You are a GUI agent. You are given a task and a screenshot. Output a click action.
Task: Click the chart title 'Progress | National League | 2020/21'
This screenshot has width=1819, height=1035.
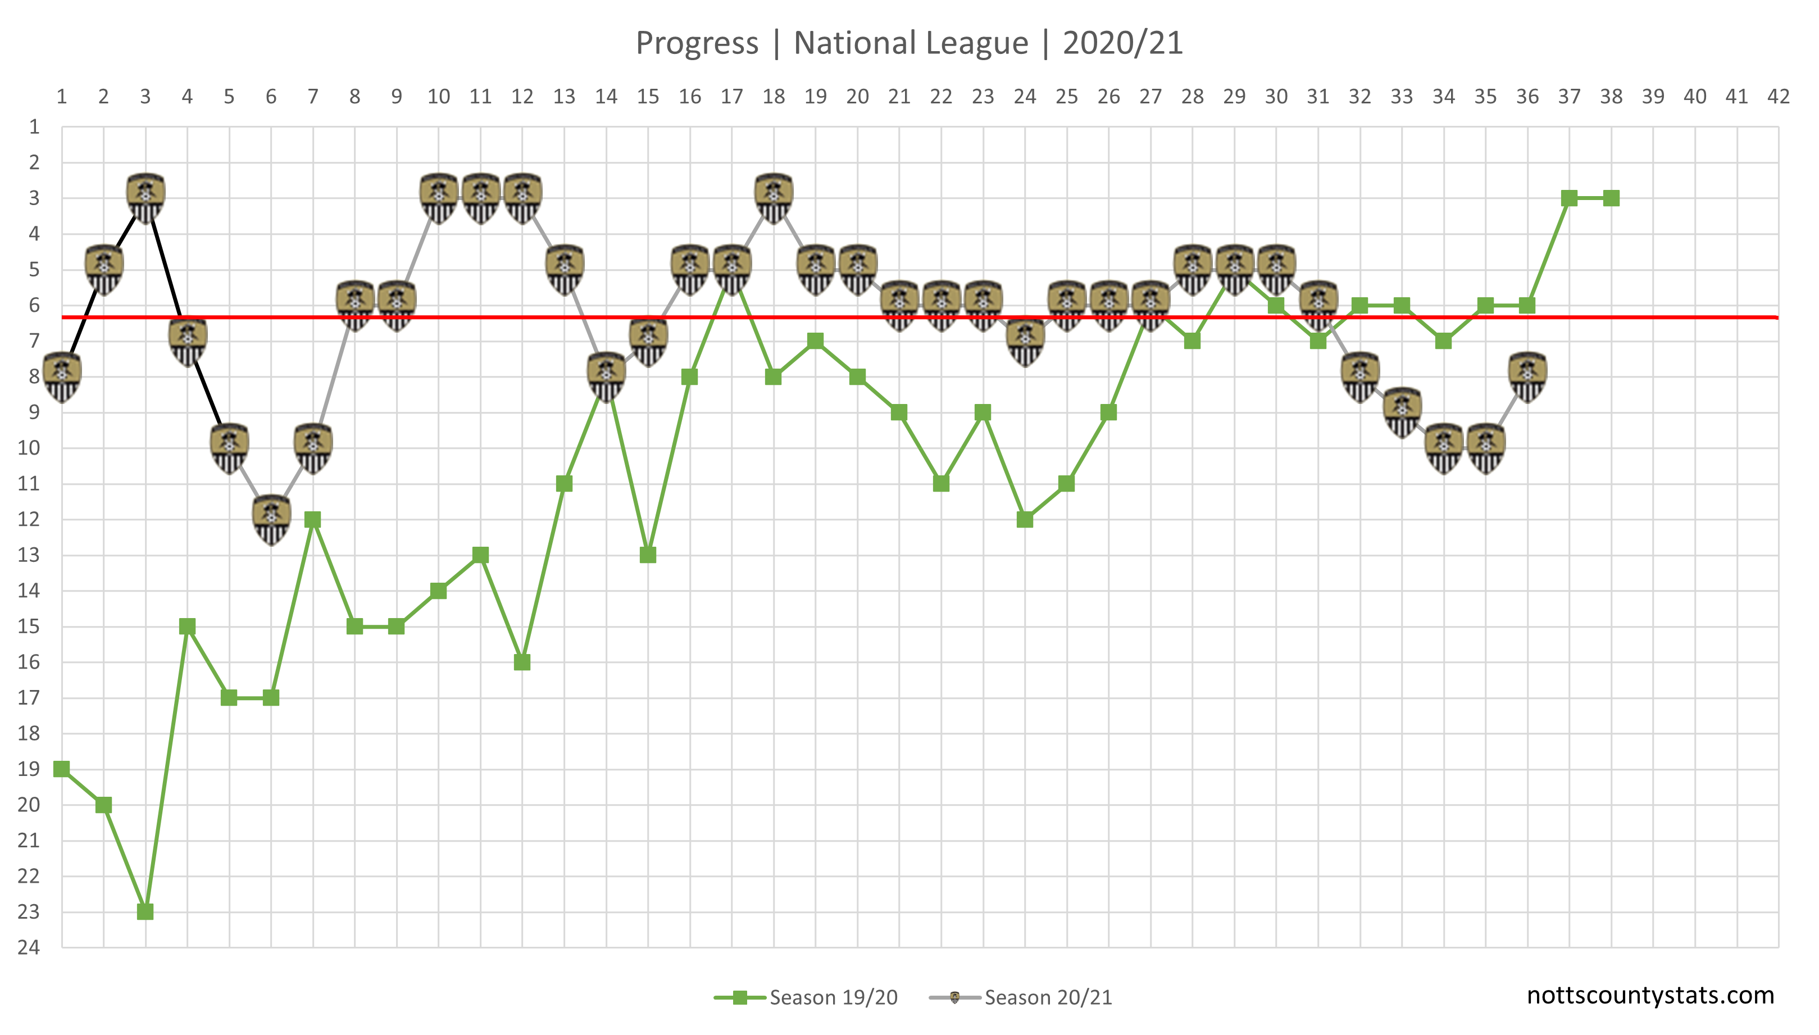click(909, 43)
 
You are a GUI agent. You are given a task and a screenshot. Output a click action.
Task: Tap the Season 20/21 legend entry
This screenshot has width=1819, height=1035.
click(1021, 997)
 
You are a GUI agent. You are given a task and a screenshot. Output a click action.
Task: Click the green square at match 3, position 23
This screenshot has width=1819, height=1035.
click(145, 911)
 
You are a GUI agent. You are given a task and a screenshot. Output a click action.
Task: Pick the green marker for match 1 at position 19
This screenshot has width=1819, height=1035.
click(62, 769)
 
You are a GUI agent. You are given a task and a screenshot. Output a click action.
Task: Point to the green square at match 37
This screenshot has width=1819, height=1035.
click(1570, 198)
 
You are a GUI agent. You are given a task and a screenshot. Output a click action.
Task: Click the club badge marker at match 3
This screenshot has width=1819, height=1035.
click(145, 198)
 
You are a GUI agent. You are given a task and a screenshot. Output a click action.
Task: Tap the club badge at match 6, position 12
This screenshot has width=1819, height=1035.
click(271, 519)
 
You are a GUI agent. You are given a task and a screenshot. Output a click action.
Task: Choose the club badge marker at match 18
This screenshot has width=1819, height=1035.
click(774, 198)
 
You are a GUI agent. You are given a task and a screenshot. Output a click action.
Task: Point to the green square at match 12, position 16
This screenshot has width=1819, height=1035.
click(522, 662)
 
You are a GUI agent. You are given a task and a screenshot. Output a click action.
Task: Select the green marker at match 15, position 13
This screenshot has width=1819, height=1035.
click(648, 555)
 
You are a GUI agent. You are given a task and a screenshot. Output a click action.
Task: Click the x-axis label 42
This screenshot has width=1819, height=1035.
click(1779, 97)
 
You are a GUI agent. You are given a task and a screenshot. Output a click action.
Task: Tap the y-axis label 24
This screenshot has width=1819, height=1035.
click(29, 947)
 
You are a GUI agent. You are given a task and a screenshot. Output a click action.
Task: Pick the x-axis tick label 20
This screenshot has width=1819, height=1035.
click(858, 97)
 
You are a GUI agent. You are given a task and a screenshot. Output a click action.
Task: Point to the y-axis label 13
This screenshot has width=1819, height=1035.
click(29, 555)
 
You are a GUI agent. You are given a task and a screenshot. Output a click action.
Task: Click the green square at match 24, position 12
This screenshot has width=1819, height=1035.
click(1025, 520)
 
